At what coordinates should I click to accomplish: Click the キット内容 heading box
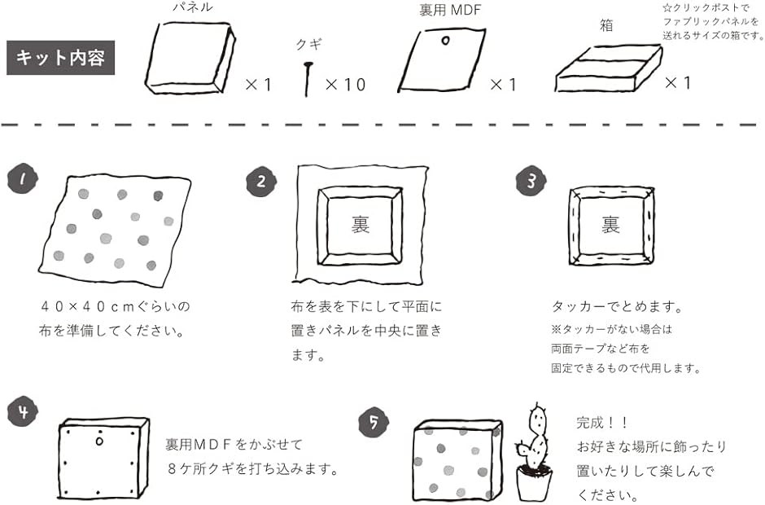pos(60,58)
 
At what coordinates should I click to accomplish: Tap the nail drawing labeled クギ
pos(308,79)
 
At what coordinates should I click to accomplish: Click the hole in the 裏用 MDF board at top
pos(445,41)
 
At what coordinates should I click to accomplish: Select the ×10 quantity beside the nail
pos(345,85)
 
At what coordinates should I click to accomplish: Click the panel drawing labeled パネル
pos(190,58)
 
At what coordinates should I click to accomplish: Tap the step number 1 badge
pos(22,179)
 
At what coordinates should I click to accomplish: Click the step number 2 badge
pos(261,181)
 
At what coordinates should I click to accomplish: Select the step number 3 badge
pos(531,180)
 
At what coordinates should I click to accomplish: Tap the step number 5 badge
pos(374,422)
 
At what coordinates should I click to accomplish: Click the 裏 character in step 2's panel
pos(360,224)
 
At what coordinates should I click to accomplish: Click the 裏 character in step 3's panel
pos(610,224)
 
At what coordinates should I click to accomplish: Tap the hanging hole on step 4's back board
pos(99,441)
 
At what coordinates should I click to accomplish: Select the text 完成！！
pos(602,423)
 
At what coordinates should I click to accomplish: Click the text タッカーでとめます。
pos(617,307)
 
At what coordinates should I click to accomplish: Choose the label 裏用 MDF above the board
pos(450,11)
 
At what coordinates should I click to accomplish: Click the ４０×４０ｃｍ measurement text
pos(88,307)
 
